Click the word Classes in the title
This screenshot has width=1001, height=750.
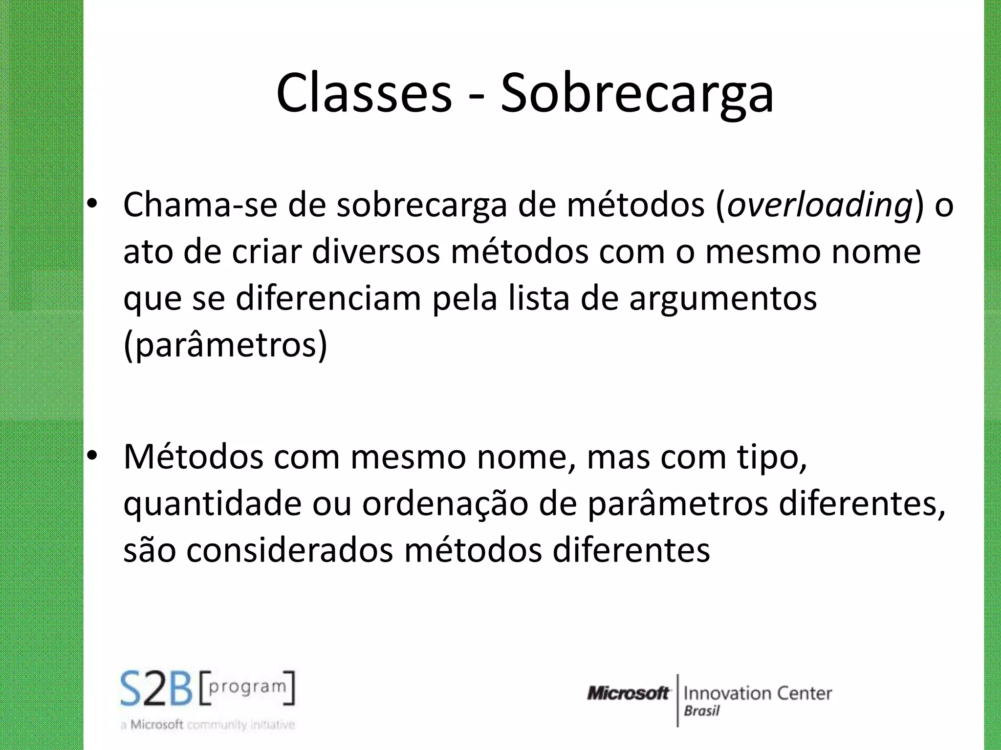point(364,93)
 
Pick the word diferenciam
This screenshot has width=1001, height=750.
point(328,298)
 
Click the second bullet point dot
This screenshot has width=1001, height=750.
point(92,456)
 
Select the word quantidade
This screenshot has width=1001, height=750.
point(212,504)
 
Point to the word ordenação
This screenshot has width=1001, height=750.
point(445,504)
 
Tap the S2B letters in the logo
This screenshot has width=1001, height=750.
point(156,688)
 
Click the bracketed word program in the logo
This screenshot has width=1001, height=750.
point(247,687)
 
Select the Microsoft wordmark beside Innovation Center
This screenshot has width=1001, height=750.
point(628,693)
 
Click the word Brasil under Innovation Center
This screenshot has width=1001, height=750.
point(701,711)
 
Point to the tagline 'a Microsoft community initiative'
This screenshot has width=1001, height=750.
point(208,725)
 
